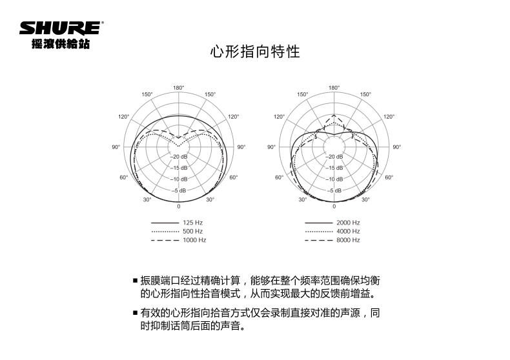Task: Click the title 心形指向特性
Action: (x=255, y=52)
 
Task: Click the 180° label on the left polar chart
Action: (x=179, y=87)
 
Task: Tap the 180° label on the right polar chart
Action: (x=334, y=87)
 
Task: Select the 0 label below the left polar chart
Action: (x=179, y=206)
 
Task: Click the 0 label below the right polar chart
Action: (x=334, y=206)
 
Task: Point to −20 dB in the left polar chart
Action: (x=179, y=157)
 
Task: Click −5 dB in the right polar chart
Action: (x=334, y=191)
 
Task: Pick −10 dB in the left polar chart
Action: (x=179, y=179)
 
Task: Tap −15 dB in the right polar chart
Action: (x=334, y=168)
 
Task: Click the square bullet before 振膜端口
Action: (x=136, y=281)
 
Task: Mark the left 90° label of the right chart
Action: (x=271, y=147)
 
